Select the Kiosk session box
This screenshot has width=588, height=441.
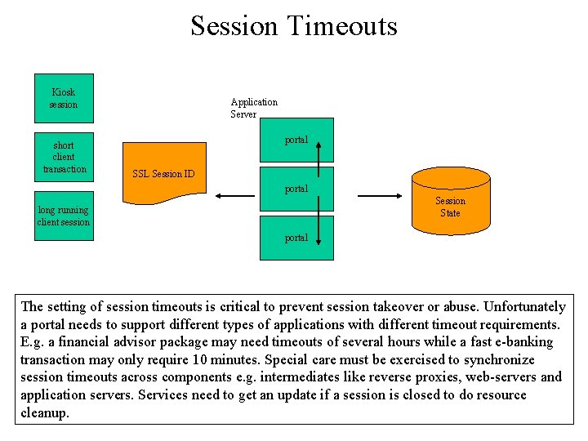[63, 98]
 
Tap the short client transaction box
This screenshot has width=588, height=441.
[64, 156]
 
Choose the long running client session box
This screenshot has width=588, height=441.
[63, 216]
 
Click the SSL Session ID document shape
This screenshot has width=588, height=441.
[163, 173]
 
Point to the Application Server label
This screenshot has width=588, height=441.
[254, 108]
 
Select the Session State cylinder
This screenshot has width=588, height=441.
[450, 207]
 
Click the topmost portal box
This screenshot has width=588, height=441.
[296, 140]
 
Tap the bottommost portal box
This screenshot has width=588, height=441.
[296, 238]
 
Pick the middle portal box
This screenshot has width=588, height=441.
[296, 189]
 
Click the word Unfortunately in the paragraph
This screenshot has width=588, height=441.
[525, 307]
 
